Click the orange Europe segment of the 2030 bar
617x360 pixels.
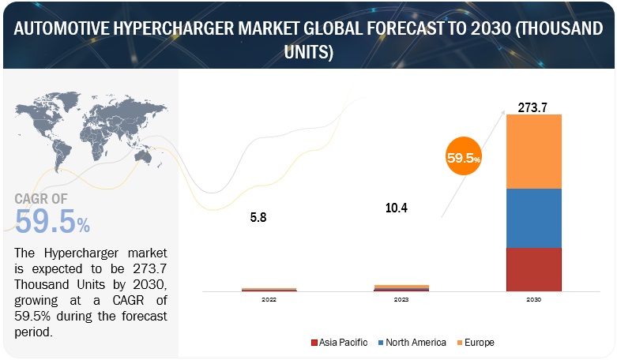pyautogui.click(x=533, y=152)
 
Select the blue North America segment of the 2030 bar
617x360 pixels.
pyautogui.click(x=533, y=218)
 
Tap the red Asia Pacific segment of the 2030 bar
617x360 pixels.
pyautogui.click(x=533, y=268)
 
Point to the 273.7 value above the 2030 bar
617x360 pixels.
pyautogui.click(x=533, y=107)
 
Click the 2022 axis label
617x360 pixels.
pyautogui.click(x=268, y=299)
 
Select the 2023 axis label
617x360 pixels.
pyautogui.click(x=401, y=299)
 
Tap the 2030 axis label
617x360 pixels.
pyautogui.click(x=533, y=299)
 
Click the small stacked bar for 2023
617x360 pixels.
pyautogui.click(x=401, y=287)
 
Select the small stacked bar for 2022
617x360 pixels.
pyautogui.click(x=268, y=289)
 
